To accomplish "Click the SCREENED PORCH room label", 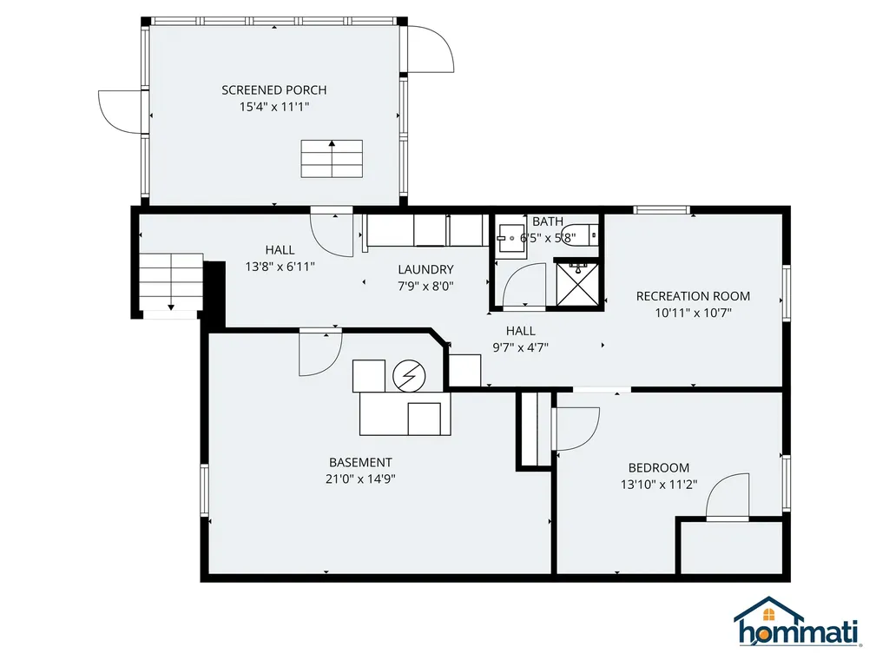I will pos(273,90).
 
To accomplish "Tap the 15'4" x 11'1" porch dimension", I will pos(273,106).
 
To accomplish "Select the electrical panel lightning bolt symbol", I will pos(408,376).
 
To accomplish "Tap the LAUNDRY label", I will pos(425,269).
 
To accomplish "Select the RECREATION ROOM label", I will pos(693,296).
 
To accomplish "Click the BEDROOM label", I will pos(659,468).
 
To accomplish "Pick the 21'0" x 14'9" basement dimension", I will pos(360,479).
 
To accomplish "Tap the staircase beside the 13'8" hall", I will pos(171,282).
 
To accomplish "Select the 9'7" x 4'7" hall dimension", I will pos(521,347).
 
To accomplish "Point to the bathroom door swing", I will pos(525,288).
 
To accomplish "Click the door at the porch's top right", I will pos(431,50).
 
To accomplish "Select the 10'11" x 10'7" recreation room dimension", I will pos(693,313).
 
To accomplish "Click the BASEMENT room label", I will pos(360,463).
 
